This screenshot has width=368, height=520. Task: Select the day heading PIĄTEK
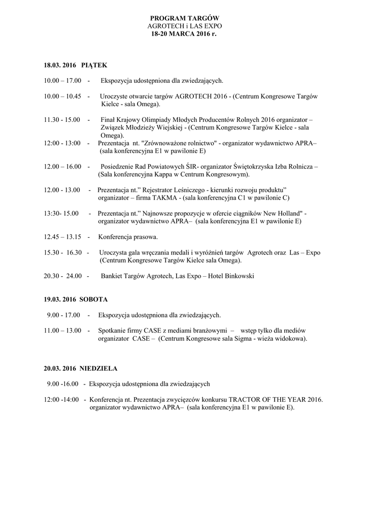pos(94,66)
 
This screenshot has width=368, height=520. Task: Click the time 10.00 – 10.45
pos(62,96)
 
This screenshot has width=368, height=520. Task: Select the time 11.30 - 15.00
pos(62,120)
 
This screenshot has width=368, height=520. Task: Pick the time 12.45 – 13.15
pos(62,237)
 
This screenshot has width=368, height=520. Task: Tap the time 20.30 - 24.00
pos(62,276)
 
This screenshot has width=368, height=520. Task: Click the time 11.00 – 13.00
pos(62,331)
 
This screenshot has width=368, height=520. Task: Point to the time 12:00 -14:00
pos(61,400)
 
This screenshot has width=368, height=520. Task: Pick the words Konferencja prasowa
pos(128,237)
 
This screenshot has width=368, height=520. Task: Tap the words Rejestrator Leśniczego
pos(170,190)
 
